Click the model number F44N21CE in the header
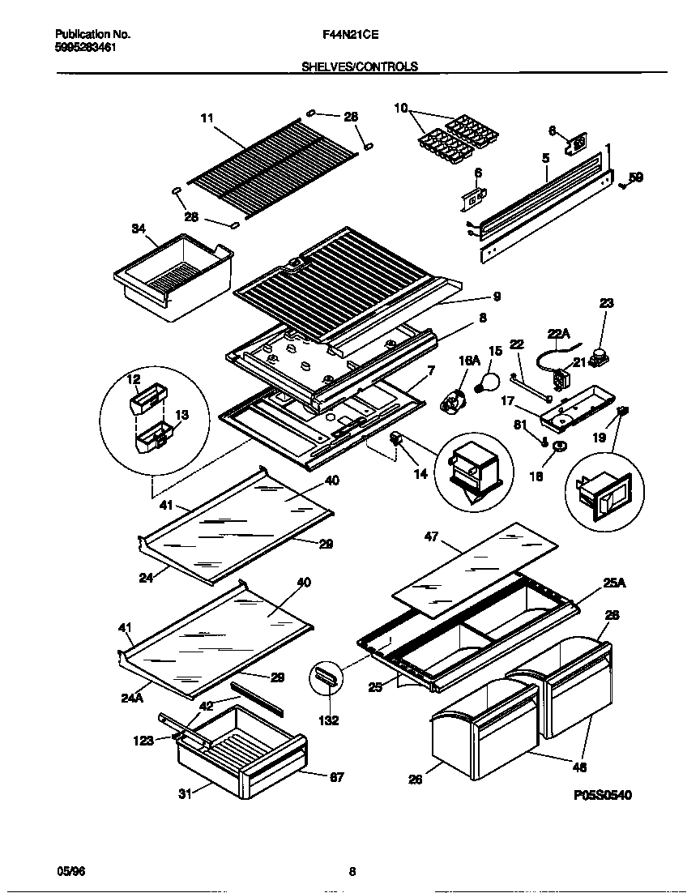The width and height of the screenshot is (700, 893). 351,35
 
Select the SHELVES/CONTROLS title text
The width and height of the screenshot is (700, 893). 360,67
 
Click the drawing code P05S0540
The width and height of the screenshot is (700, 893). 602,795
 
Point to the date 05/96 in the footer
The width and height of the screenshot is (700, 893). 71,870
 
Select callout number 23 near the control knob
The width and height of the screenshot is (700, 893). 606,303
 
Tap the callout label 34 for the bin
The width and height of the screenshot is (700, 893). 139,229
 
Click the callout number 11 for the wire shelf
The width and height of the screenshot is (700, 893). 207,117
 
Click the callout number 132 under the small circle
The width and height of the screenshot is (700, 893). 328,720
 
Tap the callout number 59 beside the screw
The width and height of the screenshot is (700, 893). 636,177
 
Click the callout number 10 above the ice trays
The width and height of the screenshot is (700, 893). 401,108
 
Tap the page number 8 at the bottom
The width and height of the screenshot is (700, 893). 352,872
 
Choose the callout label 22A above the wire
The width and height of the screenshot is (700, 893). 558,332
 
